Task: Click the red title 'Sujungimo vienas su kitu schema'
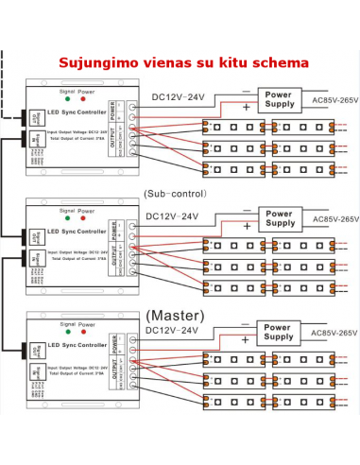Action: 183,62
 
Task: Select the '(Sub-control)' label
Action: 175,193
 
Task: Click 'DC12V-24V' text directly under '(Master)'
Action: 173,331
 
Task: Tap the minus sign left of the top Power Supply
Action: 247,92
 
